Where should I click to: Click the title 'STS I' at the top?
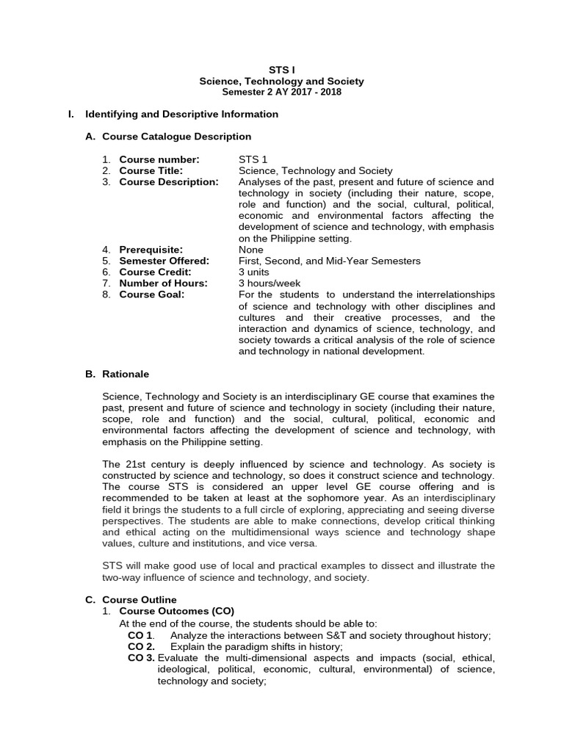click(x=282, y=70)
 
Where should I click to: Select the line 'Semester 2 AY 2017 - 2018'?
click(x=282, y=92)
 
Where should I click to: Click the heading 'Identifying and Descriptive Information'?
click(x=182, y=114)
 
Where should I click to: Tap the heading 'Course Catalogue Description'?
click(x=176, y=137)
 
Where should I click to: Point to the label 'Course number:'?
click(x=159, y=159)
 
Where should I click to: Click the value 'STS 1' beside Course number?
click(x=253, y=159)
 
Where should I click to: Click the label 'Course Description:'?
click(x=169, y=181)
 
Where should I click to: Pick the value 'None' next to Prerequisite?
click(x=251, y=250)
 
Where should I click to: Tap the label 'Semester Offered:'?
click(x=164, y=261)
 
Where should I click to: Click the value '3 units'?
click(x=255, y=272)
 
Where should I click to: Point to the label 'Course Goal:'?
click(x=152, y=294)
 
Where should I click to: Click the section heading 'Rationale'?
click(x=126, y=374)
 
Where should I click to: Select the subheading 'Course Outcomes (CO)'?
click(x=176, y=611)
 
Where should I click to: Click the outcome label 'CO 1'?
click(x=140, y=634)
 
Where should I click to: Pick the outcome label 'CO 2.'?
click(x=141, y=646)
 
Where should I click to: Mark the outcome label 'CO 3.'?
click(x=141, y=658)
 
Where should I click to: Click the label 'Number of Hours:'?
click(x=163, y=283)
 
